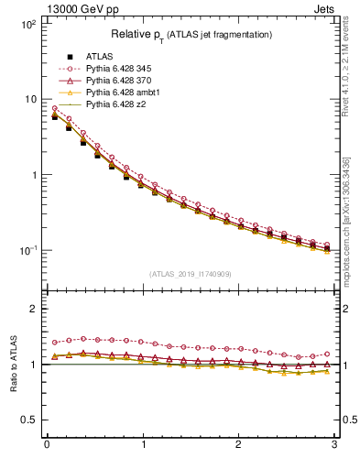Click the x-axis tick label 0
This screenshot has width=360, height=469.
pyautogui.click(x=47, y=444)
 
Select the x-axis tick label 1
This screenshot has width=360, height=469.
pyautogui.click(x=143, y=444)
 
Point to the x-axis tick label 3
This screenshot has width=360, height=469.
pyautogui.click(x=334, y=444)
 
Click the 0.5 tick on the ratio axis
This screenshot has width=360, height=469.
pyautogui.click(x=30, y=420)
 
